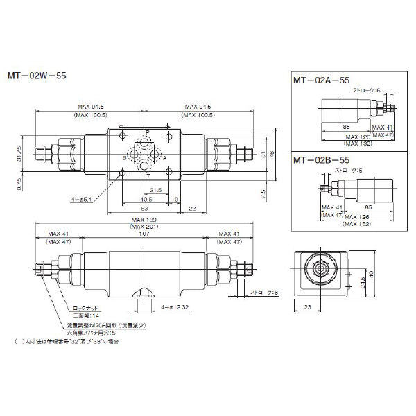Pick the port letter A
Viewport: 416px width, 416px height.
point(165,157)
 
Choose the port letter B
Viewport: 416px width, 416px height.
point(124,157)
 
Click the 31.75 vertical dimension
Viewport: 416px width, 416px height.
point(20,154)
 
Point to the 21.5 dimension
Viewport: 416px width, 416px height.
point(156,189)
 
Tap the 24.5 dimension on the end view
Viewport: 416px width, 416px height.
point(362,283)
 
